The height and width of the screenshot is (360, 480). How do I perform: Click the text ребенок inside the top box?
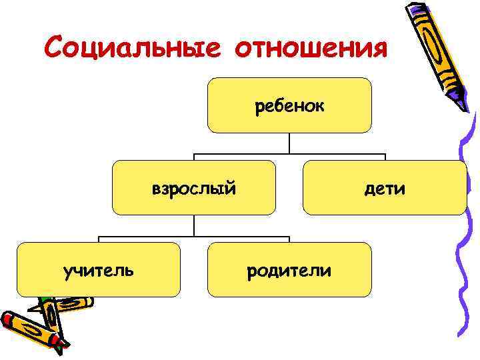click(x=289, y=106)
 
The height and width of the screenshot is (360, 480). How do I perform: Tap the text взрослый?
click(x=193, y=189)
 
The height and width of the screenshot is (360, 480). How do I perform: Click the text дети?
click(x=385, y=189)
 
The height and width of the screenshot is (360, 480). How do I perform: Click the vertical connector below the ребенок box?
click(x=289, y=143)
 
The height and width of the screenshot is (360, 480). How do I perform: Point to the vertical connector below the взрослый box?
click(x=193, y=225)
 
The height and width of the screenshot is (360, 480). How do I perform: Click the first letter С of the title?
click(x=53, y=49)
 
